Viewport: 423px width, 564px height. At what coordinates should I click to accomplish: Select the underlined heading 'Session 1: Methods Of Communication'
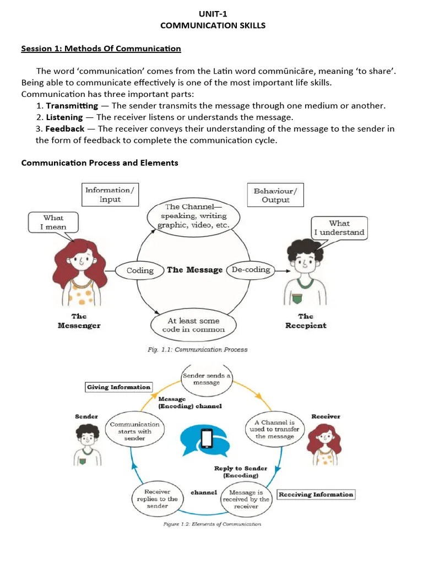tap(101, 48)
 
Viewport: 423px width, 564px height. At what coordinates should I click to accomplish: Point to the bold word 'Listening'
tap(64, 117)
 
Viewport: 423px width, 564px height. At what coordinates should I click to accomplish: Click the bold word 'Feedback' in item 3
tap(65, 129)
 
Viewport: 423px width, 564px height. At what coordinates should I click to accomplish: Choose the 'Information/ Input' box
tap(110, 194)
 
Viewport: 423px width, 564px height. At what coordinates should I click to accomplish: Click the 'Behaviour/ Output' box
tap(275, 195)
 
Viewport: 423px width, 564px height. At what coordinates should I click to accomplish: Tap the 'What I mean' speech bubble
tap(53, 223)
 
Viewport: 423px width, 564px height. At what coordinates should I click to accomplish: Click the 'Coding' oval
tap(140, 270)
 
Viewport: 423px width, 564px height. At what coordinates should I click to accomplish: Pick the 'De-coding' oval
tap(251, 270)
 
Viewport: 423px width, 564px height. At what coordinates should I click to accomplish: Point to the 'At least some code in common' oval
tap(193, 325)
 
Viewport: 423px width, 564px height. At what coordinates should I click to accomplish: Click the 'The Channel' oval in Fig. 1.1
tap(193, 216)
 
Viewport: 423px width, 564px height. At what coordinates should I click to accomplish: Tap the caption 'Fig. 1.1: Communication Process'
tap(198, 349)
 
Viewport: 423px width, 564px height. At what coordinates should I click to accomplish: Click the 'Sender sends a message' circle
tap(207, 379)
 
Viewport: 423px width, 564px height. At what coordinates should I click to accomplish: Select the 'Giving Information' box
tap(118, 387)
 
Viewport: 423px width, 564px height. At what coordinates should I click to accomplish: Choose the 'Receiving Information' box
tap(316, 495)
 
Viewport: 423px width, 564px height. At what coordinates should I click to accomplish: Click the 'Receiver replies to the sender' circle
tap(157, 498)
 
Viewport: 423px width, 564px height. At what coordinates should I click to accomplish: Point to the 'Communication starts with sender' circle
tap(135, 432)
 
